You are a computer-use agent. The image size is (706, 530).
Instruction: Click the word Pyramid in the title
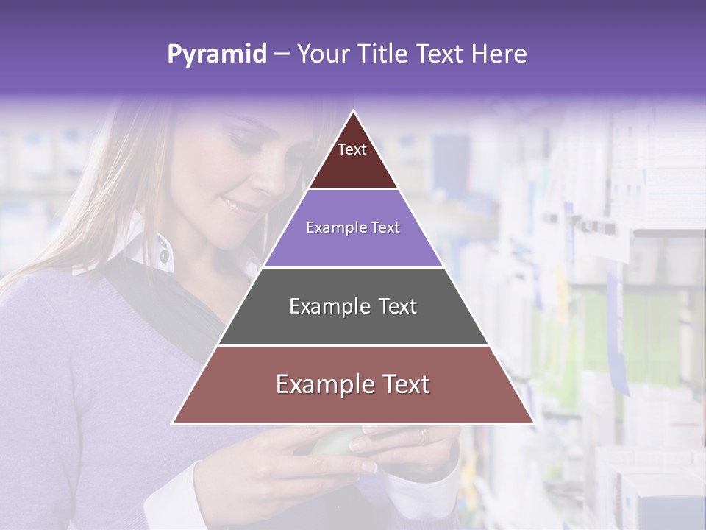[x=216, y=54]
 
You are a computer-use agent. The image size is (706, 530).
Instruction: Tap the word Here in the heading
[x=499, y=54]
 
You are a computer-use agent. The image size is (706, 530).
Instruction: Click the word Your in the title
[x=321, y=54]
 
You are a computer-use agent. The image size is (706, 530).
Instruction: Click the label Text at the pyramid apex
[x=352, y=149]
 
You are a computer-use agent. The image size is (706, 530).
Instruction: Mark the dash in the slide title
[x=282, y=54]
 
